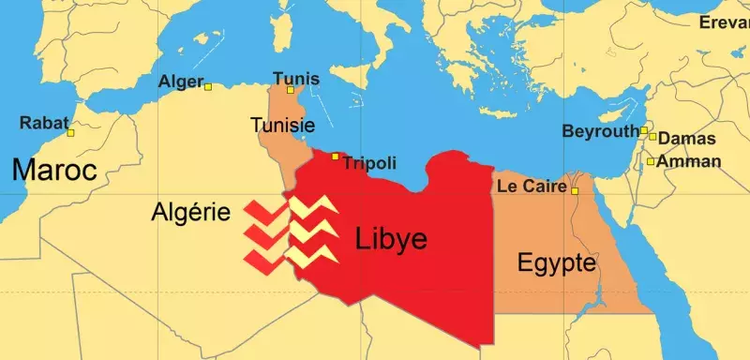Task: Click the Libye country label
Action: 392,239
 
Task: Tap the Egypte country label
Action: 557,262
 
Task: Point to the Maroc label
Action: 55,171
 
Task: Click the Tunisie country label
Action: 282,125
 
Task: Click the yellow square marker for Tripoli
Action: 336,157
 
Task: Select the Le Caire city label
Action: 532,187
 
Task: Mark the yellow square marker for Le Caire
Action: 576,191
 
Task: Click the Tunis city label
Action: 294,78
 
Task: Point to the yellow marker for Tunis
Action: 291,90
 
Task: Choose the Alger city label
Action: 180,82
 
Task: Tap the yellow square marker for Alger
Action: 208,87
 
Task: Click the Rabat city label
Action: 43,122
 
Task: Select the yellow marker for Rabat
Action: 70,133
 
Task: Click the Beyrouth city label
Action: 600,132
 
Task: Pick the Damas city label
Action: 687,139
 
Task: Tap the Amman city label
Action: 690,161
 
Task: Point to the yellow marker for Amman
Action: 651,161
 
